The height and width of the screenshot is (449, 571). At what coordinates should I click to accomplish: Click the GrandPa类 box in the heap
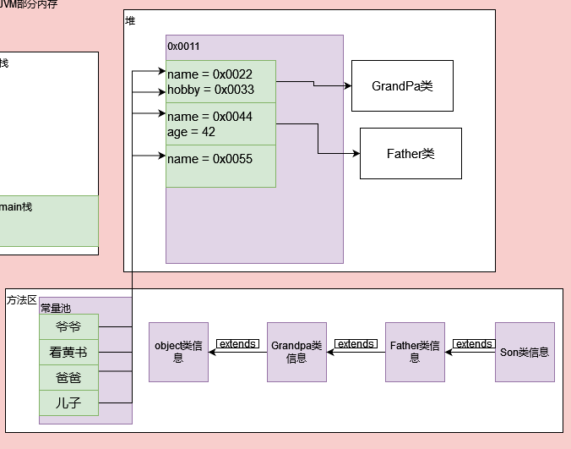[x=402, y=85]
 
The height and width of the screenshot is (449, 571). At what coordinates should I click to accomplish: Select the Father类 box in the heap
[x=411, y=153]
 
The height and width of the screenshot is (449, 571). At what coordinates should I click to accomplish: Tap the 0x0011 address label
[x=183, y=47]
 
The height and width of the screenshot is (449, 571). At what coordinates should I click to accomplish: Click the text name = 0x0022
[x=209, y=75]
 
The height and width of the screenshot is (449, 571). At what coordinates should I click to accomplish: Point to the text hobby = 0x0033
[x=210, y=90]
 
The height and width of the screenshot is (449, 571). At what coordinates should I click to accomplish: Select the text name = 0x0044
[x=209, y=117]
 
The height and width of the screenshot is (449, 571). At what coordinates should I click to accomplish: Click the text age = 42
[x=191, y=132]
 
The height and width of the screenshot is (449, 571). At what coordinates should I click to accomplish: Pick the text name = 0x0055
[x=209, y=159]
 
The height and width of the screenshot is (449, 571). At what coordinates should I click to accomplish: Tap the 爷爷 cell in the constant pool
[x=68, y=327]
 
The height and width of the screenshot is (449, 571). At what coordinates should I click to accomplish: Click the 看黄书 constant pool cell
[x=68, y=353]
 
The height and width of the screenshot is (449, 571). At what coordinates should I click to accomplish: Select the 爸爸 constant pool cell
[x=68, y=378]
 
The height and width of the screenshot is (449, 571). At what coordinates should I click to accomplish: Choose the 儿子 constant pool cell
[x=68, y=403]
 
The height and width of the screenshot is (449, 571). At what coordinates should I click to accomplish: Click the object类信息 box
[x=178, y=352]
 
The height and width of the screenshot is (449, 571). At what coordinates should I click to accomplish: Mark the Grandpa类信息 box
[x=296, y=352]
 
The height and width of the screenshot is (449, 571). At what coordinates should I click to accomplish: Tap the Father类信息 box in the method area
[x=415, y=352]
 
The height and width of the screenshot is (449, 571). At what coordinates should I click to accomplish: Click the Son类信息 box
[x=525, y=352]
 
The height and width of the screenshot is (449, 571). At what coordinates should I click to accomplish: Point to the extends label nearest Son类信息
[x=474, y=344]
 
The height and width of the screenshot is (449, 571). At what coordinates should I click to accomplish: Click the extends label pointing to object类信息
[x=237, y=344]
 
